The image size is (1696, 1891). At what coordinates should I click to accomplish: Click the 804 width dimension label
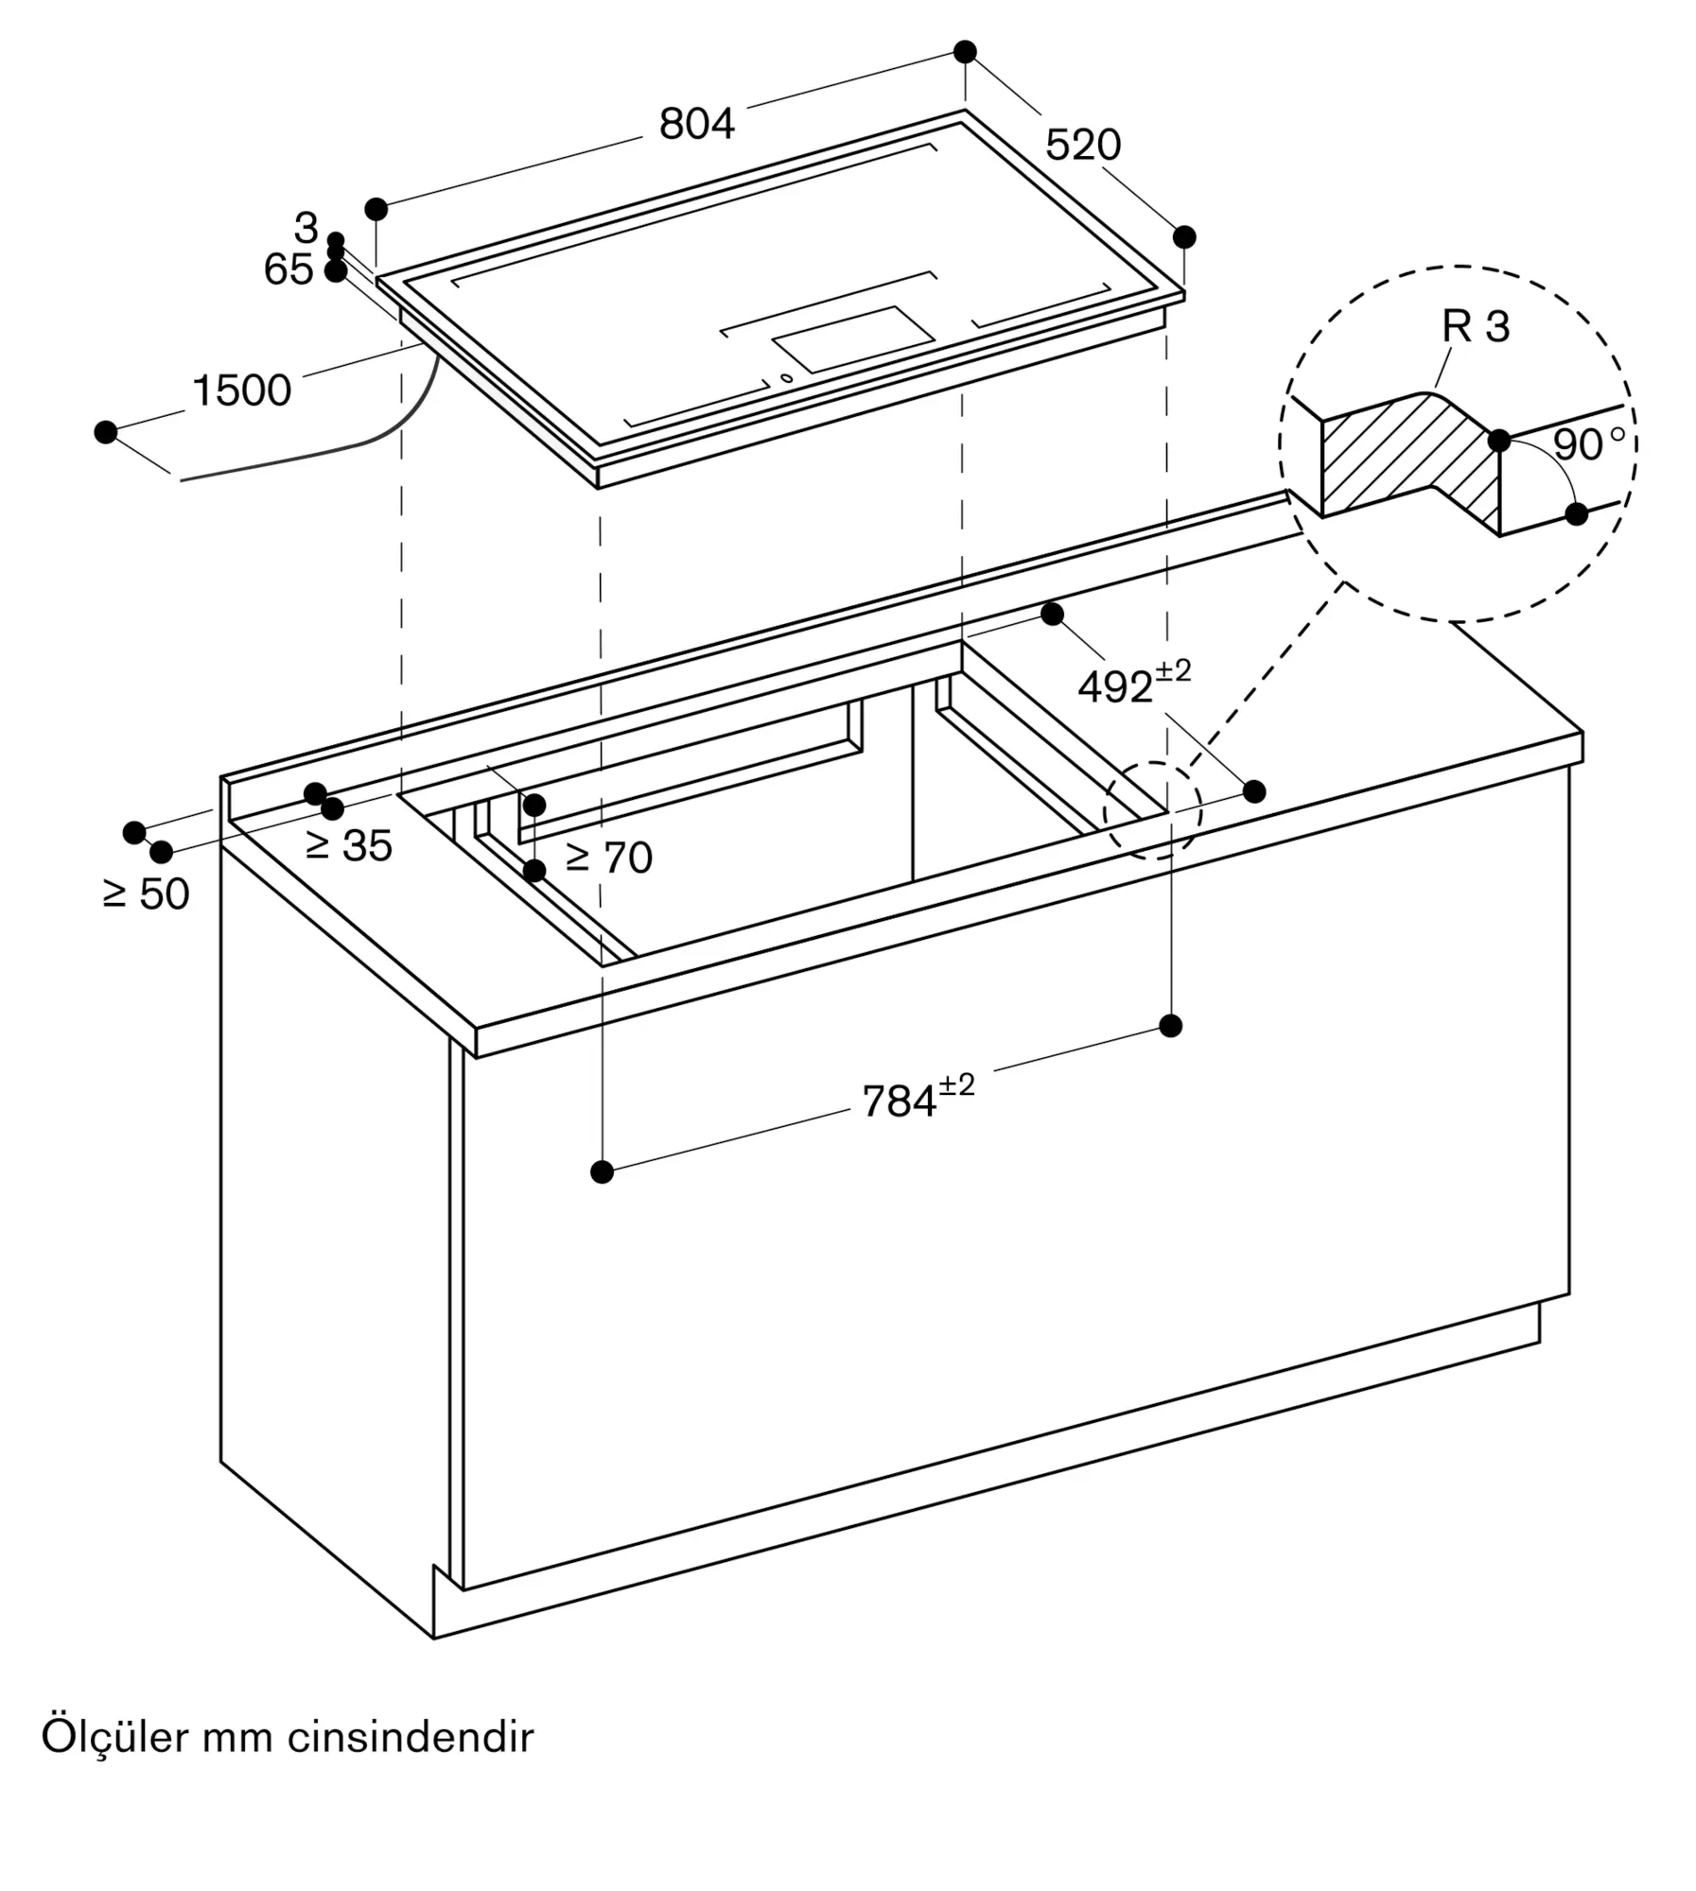[696, 124]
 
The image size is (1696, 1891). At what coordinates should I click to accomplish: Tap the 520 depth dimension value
[1082, 145]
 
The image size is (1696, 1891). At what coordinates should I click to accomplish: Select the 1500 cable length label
[241, 390]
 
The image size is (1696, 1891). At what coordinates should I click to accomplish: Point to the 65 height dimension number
[288, 270]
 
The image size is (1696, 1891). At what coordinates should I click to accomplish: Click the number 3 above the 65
[305, 228]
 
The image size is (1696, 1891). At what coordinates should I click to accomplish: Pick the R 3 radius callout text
[1475, 327]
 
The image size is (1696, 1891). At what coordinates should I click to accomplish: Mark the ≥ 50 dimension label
[146, 894]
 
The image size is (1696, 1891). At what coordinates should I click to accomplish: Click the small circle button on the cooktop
[786, 379]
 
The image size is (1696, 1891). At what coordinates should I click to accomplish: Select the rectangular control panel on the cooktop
[853, 338]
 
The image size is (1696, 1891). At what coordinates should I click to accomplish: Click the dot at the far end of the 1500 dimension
[106, 432]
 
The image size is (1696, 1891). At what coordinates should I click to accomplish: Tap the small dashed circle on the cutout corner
[1152, 810]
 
